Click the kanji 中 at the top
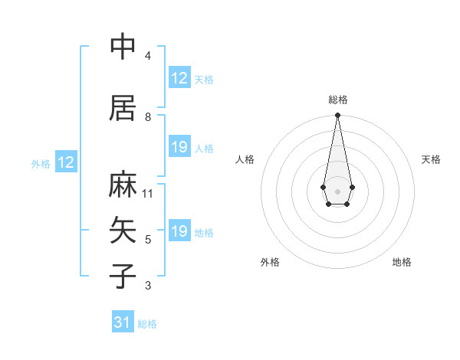[x=123, y=47]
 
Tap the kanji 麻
[x=123, y=186]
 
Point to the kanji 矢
[x=123, y=230]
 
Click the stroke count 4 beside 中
[x=148, y=56]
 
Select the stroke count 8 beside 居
[x=148, y=116]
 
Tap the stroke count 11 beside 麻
[x=148, y=194]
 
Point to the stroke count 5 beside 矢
[x=148, y=240]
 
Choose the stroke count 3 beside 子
[x=148, y=286]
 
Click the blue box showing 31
[x=123, y=322]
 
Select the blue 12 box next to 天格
[x=179, y=78]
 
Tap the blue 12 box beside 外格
[x=66, y=162]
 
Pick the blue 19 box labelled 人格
[x=179, y=147]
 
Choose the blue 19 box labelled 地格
[x=179, y=231]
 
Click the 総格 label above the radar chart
[x=338, y=100]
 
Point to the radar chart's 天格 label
[x=431, y=159]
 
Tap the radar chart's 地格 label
[x=402, y=262]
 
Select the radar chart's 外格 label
[x=270, y=262]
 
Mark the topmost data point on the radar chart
[x=337, y=116]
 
